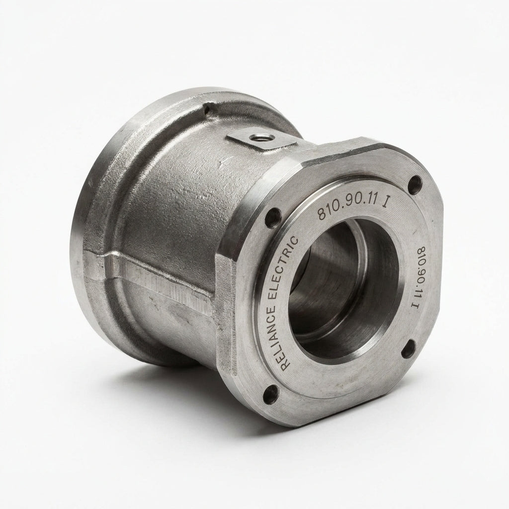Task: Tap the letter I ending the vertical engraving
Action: pos(416,306)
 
